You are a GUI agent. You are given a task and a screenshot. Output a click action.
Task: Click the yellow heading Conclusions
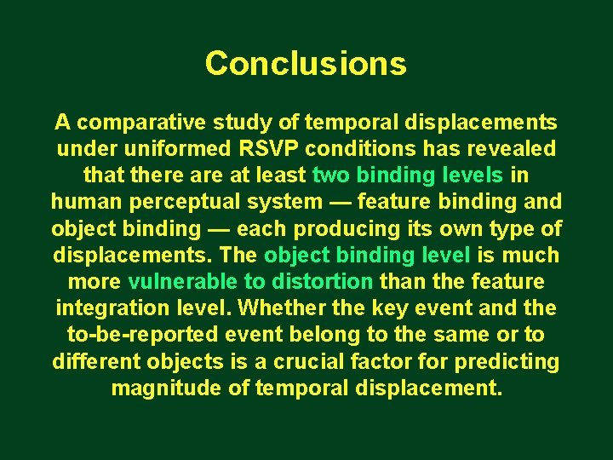click(x=306, y=64)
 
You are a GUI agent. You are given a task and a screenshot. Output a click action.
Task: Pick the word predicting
click(x=506, y=362)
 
